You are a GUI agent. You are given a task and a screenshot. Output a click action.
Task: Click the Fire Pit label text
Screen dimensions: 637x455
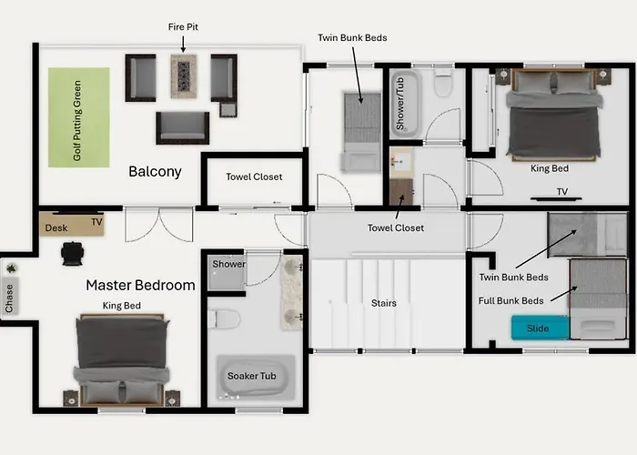tap(183, 26)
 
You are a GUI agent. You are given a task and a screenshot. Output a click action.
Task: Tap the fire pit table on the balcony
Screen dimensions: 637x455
tap(184, 76)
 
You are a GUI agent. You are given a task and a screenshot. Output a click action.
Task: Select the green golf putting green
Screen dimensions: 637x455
tap(79, 117)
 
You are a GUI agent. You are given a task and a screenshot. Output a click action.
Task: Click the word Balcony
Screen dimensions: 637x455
tap(155, 171)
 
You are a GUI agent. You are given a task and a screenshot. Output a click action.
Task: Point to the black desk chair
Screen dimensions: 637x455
tap(72, 254)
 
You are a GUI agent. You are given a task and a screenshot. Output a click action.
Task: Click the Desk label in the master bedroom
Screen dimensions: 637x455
tap(56, 227)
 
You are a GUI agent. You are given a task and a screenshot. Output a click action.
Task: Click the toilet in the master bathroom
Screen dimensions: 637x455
tap(224, 318)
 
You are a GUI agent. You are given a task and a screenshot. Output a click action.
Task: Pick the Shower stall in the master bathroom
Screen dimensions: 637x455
tap(226, 272)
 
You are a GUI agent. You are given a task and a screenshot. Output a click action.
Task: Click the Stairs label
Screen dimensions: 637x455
tap(383, 303)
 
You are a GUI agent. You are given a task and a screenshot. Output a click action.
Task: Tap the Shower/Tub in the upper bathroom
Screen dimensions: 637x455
tap(406, 105)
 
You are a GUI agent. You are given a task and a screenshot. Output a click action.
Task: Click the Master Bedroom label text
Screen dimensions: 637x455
tap(140, 285)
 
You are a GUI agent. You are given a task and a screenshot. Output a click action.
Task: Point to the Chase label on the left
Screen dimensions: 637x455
tap(9, 298)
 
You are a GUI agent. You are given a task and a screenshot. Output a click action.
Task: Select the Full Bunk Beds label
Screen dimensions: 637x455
tap(511, 301)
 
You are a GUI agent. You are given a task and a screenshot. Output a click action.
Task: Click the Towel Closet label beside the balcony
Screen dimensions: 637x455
tap(254, 177)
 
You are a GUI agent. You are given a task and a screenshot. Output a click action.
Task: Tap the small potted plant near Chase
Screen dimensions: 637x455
tap(11, 268)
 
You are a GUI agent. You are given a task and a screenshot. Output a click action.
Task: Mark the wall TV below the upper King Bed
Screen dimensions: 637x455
tap(556, 199)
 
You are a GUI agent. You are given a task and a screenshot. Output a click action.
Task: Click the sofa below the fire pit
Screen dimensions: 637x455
tap(183, 127)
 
